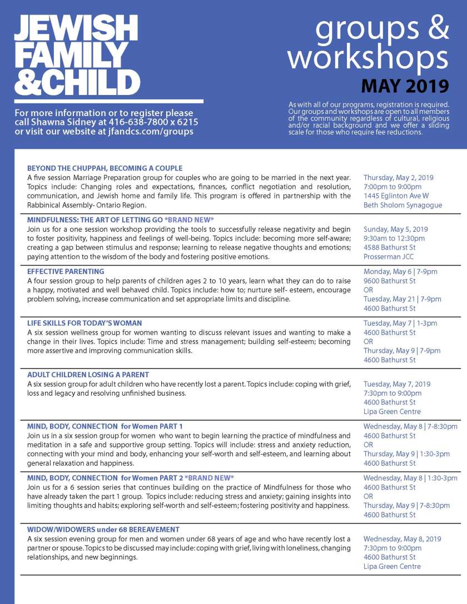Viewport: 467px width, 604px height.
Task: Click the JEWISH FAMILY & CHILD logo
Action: click(77, 54)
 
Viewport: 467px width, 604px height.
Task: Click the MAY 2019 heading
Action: click(405, 86)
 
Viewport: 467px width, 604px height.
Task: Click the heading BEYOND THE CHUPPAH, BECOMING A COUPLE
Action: click(105, 168)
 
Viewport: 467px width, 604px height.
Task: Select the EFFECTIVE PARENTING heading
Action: click(66, 271)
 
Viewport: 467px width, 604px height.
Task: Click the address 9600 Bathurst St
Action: click(389, 281)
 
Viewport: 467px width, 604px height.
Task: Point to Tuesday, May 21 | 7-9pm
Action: click(402, 299)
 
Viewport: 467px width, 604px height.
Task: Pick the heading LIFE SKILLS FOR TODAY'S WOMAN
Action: click(85, 323)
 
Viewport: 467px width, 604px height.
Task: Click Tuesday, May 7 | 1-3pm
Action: click(400, 323)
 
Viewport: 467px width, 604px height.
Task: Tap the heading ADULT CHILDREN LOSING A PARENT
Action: click(88, 375)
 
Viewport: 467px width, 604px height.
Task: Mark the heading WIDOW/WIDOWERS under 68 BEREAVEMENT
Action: click(103, 530)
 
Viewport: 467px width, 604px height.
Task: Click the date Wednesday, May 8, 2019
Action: click(402, 539)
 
